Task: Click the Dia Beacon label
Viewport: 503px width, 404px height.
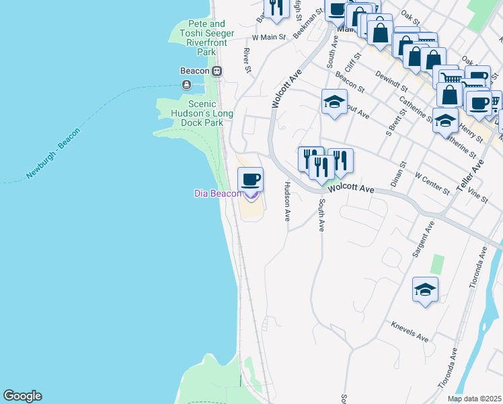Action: click(217, 193)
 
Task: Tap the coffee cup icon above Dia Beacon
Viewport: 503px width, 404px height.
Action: click(250, 180)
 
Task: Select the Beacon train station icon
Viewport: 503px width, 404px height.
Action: click(217, 71)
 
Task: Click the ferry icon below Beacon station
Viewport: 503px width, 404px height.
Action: click(186, 85)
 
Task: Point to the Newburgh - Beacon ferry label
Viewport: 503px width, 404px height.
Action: click(53, 154)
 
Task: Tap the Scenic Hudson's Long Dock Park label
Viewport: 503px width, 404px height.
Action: click(194, 113)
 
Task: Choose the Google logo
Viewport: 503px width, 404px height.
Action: click(22, 396)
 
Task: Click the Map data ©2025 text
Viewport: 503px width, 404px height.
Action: click(475, 399)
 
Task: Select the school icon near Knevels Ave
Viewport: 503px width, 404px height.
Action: click(425, 290)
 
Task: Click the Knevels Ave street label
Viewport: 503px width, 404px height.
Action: click(410, 331)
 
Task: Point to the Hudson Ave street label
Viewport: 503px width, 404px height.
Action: click(287, 201)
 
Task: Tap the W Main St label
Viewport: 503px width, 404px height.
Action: click(269, 38)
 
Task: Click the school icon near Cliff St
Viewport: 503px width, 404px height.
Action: click(334, 102)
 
